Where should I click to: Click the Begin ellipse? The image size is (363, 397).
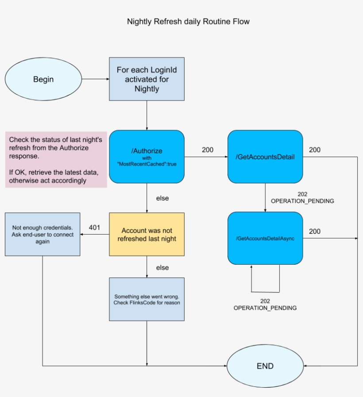pyautogui.click(x=43, y=79)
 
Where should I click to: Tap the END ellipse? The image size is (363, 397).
pyautogui.click(x=265, y=366)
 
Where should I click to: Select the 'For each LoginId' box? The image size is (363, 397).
pyautogui.click(x=147, y=79)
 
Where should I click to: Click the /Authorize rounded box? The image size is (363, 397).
pyautogui.click(x=147, y=157)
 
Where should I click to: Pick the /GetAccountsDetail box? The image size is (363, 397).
pyautogui.click(x=265, y=157)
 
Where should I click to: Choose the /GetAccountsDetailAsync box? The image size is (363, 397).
pyautogui.click(x=265, y=238)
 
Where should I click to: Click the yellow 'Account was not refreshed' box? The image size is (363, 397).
pyautogui.click(x=147, y=234)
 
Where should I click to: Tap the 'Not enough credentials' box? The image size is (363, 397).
pyautogui.click(x=42, y=234)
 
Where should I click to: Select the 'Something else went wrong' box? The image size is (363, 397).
pyautogui.click(x=147, y=299)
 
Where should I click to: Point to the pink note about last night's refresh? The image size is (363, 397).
pyautogui.click(x=56, y=159)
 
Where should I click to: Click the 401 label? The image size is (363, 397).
pyautogui.click(x=94, y=227)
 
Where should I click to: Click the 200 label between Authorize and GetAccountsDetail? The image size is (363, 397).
pyautogui.click(x=207, y=150)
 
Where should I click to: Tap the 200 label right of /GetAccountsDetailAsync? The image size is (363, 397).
pyautogui.click(x=315, y=231)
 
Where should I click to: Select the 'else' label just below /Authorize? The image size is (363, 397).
pyautogui.click(x=162, y=198)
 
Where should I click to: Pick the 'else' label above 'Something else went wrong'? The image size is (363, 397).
pyautogui.click(x=162, y=268)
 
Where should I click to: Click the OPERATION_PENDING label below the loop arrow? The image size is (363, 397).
pyautogui.click(x=265, y=308)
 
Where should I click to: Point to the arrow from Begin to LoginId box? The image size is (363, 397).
pyautogui.click(x=95, y=79)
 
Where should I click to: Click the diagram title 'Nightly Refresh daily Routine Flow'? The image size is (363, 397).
pyautogui.click(x=188, y=21)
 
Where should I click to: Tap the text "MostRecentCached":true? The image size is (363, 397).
pyautogui.click(x=147, y=164)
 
